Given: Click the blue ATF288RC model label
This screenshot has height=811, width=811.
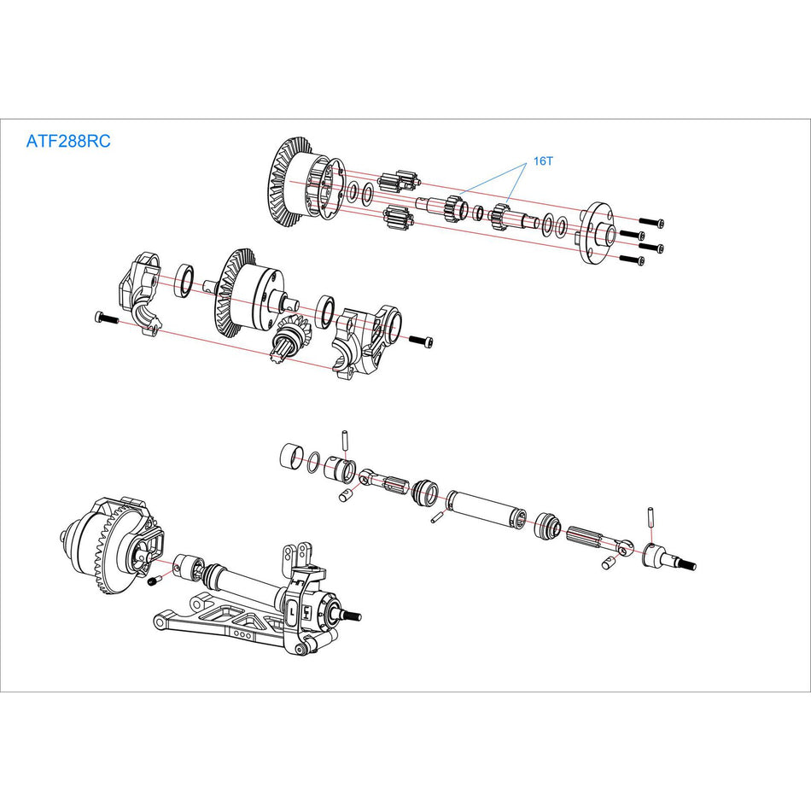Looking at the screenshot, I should [x=68, y=142].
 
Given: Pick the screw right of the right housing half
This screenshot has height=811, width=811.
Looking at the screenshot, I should [x=422, y=340].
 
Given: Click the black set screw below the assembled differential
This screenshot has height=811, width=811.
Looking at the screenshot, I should [x=154, y=581].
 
